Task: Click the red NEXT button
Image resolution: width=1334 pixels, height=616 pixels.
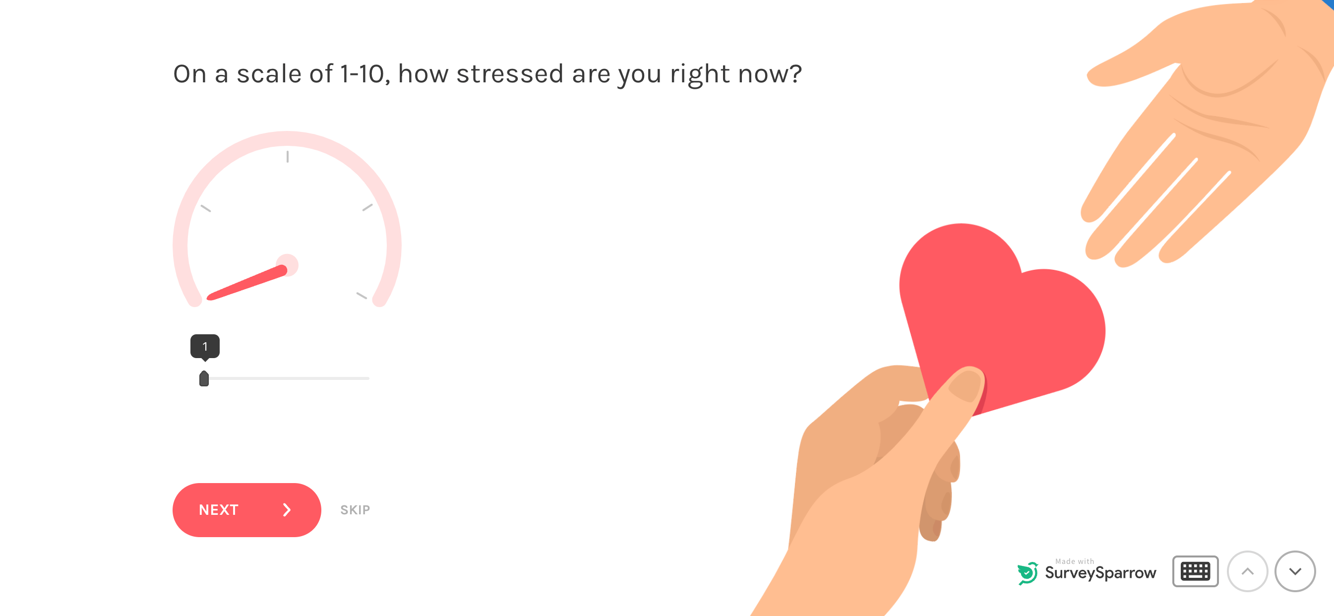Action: click(x=246, y=510)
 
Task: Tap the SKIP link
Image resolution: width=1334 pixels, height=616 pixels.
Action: click(x=355, y=510)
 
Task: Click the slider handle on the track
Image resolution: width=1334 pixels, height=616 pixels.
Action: click(x=204, y=379)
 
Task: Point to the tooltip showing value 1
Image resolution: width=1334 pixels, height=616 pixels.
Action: click(x=205, y=346)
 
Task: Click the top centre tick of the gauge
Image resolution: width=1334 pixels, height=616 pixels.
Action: click(x=288, y=156)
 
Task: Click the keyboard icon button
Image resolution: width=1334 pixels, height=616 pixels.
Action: click(x=1195, y=571)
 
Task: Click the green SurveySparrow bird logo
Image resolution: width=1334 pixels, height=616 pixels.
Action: click(x=1028, y=572)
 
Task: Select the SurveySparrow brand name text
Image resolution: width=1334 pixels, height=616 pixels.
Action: click(x=1100, y=573)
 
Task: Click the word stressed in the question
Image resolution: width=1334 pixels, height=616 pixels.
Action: click(x=510, y=74)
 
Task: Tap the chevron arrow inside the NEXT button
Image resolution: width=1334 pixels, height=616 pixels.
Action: click(x=287, y=510)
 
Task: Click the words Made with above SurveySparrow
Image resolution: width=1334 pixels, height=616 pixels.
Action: click(x=1074, y=561)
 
